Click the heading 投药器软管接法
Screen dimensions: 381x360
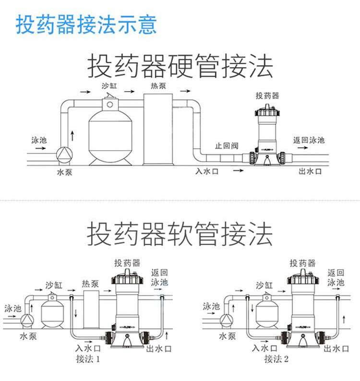tap(180, 234)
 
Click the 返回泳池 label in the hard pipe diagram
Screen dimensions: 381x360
tap(309, 140)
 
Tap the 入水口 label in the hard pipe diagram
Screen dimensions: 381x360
tap(207, 171)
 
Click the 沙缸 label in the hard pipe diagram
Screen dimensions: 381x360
tap(109, 87)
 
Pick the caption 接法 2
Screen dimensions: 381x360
tap(275, 359)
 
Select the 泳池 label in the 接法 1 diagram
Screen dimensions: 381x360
tap(12, 308)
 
